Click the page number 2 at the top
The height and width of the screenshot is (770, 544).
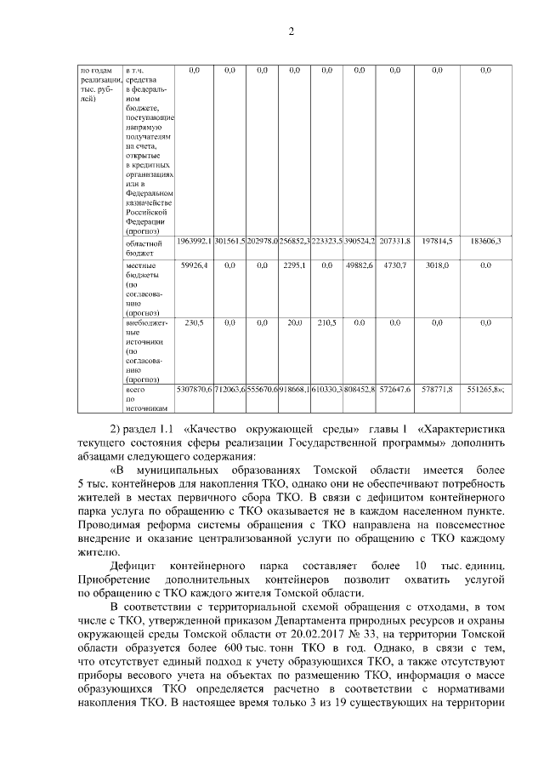pos(291,32)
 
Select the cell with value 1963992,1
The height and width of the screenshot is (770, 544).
pos(194,242)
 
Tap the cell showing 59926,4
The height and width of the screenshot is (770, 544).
pos(194,266)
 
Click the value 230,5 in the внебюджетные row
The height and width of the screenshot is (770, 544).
pos(194,323)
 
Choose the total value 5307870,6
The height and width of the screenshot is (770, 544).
pos(194,389)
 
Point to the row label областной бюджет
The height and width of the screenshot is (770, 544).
pos(139,247)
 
